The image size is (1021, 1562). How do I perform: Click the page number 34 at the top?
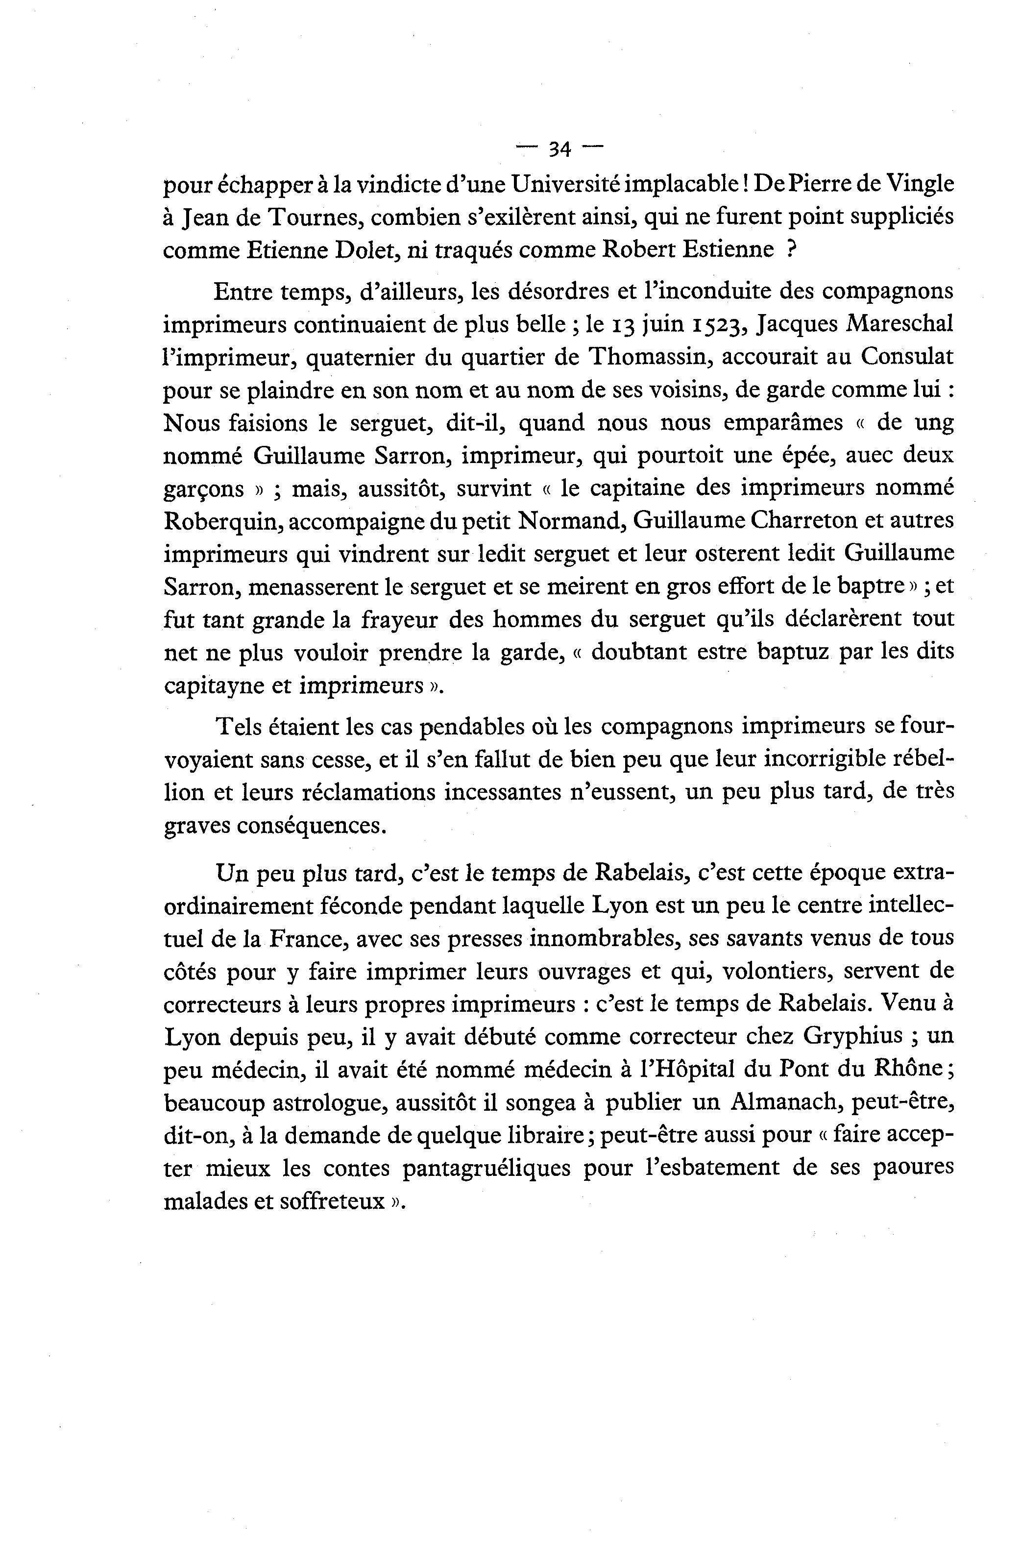click(x=559, y=149)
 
